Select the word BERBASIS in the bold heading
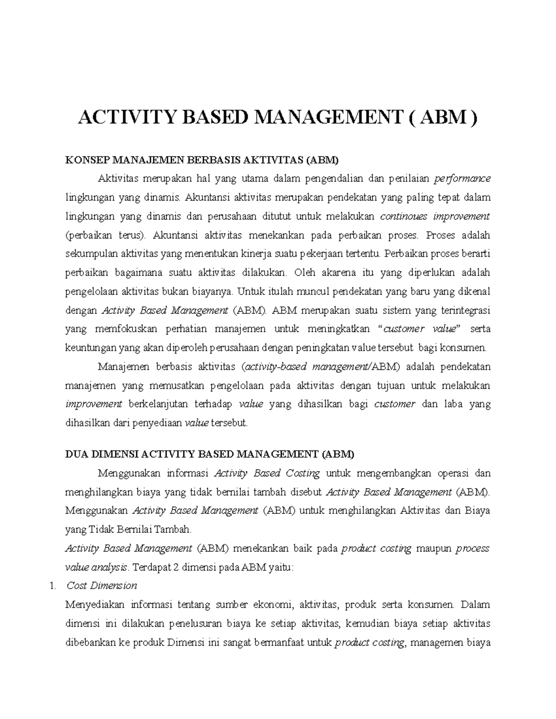pyautogui.click(x=210, y=161)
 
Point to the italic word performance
pyautogui.click(x=462, y=179)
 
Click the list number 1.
pyautogui.click(x=51, y=586)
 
